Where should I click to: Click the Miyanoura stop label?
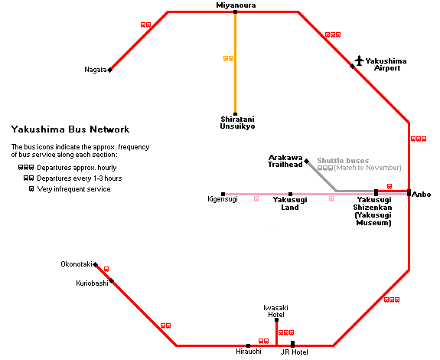236,5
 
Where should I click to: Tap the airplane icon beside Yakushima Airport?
359,61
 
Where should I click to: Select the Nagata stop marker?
110,70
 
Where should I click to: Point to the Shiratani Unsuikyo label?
237,123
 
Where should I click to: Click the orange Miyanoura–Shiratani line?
235,63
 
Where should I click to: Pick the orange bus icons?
228,58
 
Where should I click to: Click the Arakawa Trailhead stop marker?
307,161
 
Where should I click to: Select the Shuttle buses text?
343,161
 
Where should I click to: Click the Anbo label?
421,195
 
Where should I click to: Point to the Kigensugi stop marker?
223,194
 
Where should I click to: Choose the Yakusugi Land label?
290,204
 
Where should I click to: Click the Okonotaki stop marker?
96,264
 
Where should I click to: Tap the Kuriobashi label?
92,283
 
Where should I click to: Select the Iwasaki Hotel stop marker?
276,320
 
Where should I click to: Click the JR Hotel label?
294,352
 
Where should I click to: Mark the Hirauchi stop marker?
248,346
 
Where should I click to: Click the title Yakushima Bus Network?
70,129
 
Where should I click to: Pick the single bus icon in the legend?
31,189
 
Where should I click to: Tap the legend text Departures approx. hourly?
77,168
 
